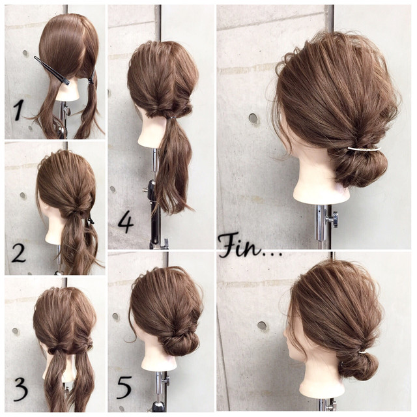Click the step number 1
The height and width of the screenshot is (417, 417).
point(18,111)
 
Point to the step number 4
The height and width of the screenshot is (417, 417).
point(126,223)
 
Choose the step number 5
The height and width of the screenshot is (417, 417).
point(124,388)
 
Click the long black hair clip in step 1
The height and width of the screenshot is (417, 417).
point(51,70)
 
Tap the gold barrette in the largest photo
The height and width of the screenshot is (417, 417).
point(364,149)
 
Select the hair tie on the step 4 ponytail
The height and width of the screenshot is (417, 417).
point(173,117)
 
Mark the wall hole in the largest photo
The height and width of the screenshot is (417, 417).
point(253,118)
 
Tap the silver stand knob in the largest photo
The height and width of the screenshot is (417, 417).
point(334,220)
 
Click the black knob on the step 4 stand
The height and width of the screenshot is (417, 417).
point(152,184)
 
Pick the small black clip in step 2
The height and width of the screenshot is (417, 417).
point(91,220)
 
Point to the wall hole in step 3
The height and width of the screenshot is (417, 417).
point(16,331)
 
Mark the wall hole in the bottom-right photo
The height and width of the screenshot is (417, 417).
point(262,326)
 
